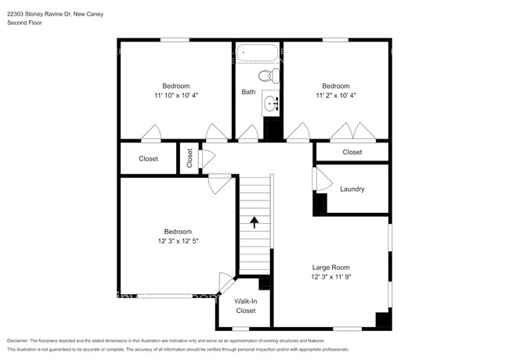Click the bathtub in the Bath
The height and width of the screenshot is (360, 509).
point(258,53)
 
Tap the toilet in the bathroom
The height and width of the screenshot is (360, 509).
point(268,76)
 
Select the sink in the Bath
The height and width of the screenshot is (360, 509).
point(271,103)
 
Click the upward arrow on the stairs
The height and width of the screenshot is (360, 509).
point(254,222)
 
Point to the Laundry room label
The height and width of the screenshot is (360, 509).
point(352,189)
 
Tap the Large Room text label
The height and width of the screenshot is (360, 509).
point(330,267)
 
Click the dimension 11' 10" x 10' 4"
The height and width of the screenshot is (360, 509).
point(176,95)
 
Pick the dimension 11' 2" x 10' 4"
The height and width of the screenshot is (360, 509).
point(336,95)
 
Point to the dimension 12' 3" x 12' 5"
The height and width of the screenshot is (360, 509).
point(178,241)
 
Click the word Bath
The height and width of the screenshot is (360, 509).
point(248,92)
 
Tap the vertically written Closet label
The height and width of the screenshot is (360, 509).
point(190,158)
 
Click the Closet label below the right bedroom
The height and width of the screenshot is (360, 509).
point(352,153)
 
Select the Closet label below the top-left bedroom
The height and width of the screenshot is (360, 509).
point(148,159)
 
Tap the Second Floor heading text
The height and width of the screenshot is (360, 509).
point(24,23)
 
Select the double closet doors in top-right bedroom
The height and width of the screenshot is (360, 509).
point(349,132)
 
